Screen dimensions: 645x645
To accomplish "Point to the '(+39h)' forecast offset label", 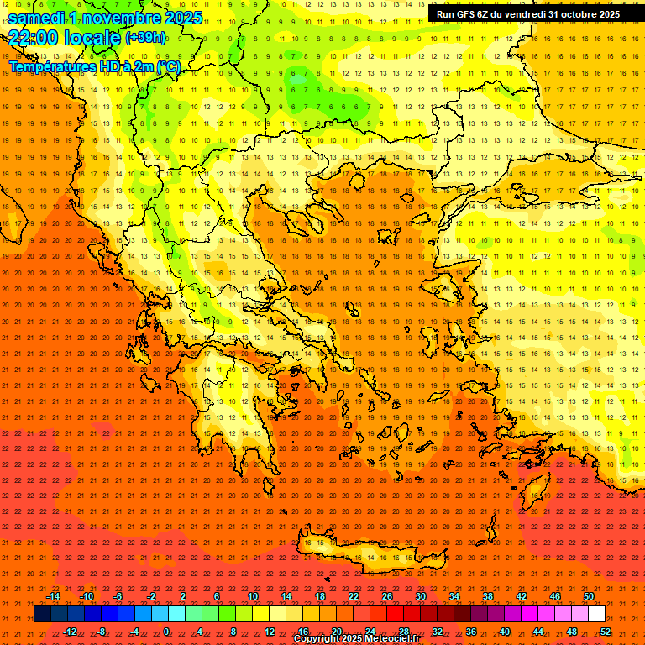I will pos(145,38).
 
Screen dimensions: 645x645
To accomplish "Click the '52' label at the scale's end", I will pos(606,632).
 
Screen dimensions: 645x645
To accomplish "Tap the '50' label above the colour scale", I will pos(588,596).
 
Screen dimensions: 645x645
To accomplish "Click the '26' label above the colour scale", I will pos(387,596).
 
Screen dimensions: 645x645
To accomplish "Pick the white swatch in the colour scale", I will pos(597,614).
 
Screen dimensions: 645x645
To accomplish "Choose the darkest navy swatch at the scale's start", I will pos(42,614).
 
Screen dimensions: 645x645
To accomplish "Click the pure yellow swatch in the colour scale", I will pos(260,614).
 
